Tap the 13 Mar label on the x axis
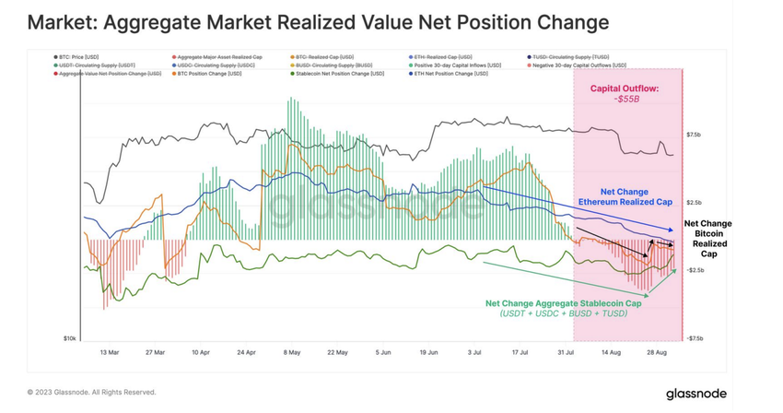click(110, 351)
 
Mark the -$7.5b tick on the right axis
click(696, 338)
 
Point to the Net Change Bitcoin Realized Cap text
click(707, 238)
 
